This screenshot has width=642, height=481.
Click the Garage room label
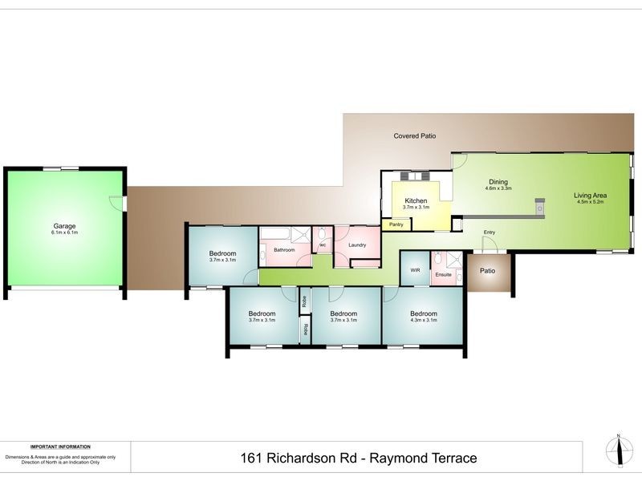coord(64,226)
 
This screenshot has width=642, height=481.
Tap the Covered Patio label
coord(415,136)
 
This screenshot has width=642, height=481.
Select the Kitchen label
coord(416,200)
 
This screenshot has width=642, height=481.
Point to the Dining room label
coord(498,182)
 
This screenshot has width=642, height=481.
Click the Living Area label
coord(590,196)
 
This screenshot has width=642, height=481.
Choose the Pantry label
coord(396,224)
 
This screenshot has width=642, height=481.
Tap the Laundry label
coord(357,245)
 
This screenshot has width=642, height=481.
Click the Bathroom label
coord(284,250)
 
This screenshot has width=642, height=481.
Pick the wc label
coord(323,245)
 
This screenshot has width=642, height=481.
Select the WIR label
coord(415,270)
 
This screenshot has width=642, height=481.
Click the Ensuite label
coord(443,275)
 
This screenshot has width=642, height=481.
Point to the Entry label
coord(490,232)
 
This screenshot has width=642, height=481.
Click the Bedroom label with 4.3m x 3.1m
coord(423,313)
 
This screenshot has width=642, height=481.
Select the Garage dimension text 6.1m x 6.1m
coord(64,232)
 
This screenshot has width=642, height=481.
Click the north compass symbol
coord(618,451)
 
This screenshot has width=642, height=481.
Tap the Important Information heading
coord(60,447)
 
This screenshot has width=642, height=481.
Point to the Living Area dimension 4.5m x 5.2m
coord(590,202)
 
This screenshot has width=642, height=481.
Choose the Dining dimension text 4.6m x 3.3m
coord(498,188)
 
